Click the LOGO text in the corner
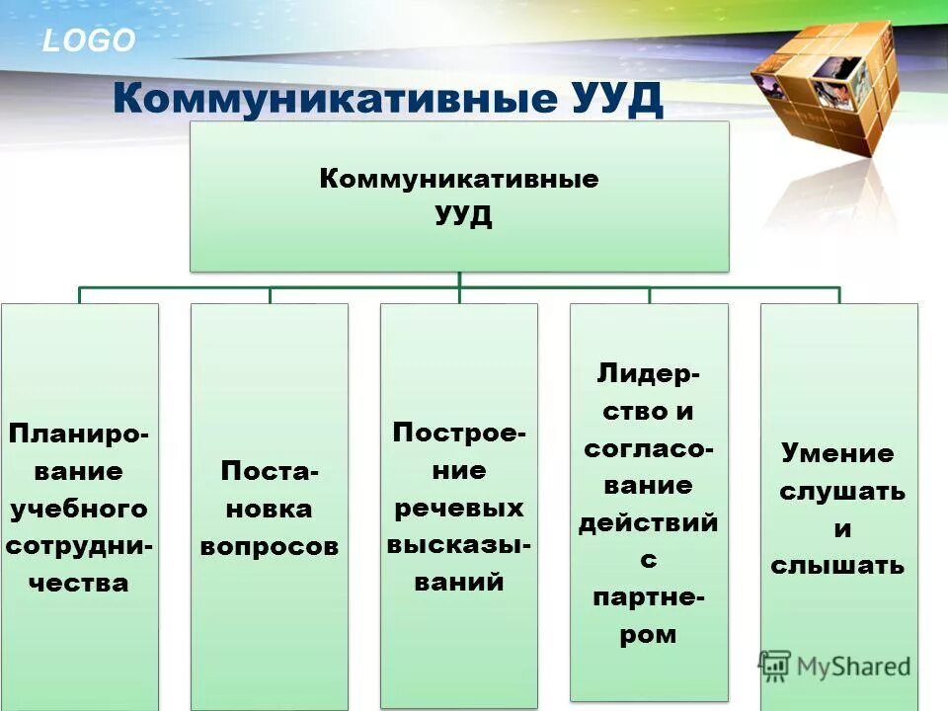click(89, 40)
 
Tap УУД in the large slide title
click(617, 99)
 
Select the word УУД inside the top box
click(459, 215)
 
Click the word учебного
click(79, 509)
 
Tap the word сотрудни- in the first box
click(79, 545)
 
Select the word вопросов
click(269, 545)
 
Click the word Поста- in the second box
click(270, 471)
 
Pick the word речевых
click(459, 508)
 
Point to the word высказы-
click(459, 545)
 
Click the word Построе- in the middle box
click(459, 434)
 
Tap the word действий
click(648, 522)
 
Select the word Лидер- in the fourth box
click(649, 374)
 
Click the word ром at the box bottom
click(648, 634)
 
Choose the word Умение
click(837, 453)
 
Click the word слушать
click(841, 491)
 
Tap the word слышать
click(837, 566)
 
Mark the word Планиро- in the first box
click(79, 434)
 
